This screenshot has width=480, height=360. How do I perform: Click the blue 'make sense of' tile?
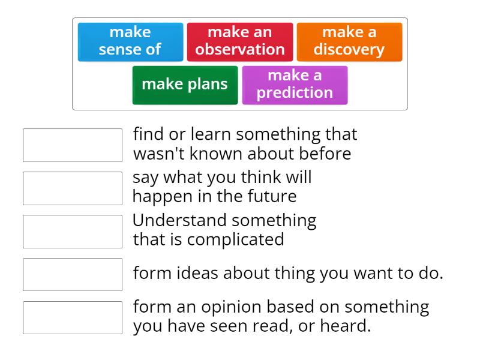click(130, 41)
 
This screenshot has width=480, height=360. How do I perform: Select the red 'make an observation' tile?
click(240, 41)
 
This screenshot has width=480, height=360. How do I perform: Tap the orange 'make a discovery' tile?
click(349, 41)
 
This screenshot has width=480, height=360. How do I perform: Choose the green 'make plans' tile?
click(185, 85)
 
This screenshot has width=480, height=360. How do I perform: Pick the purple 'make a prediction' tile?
click(295, 85)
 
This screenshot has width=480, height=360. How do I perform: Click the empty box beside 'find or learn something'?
click(73, 145)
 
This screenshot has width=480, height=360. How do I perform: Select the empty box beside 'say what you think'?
click(73, 188)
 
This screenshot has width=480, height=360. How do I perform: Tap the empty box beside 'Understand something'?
click(73, 232)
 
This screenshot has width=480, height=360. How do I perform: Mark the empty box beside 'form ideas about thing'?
click(73, 274)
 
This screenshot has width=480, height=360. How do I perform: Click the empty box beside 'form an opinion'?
click(73, 317)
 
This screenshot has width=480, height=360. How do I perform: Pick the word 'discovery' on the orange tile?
click(349, 50)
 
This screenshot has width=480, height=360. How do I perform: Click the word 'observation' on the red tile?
click(240, 50)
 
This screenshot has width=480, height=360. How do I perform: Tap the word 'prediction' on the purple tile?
click(295, 93)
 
